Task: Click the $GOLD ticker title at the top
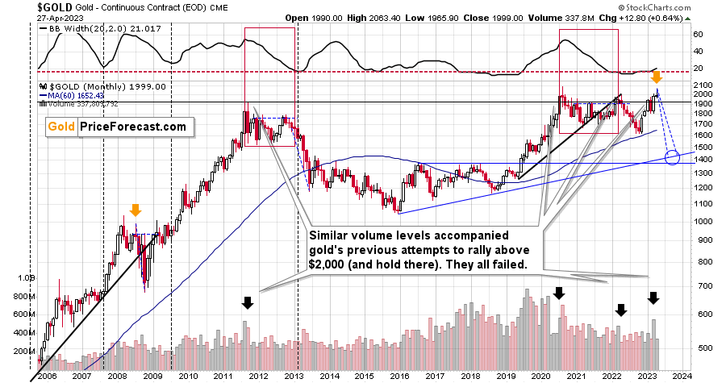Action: pos(28,8)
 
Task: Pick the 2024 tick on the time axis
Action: pos(681,376)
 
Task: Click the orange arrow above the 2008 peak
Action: pos(136,210)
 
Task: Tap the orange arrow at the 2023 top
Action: pos(657,77)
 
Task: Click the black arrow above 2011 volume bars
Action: pos(248,303)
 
